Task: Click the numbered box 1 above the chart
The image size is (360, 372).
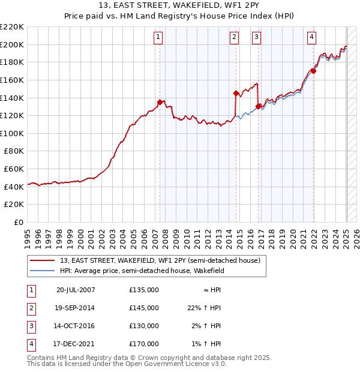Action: tap(158, 37)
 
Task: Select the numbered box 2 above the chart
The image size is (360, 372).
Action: tap(234, 37)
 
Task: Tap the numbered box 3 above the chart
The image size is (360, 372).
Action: tap(256, 37)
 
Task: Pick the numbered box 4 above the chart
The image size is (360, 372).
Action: tap(311, 37)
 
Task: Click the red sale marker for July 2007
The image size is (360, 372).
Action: tap(160, 102)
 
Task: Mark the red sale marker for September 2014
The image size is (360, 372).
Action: tap(236, 93)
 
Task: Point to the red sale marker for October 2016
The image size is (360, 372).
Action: tap(258, 107)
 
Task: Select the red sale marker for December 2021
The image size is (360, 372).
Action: tap(313, 71)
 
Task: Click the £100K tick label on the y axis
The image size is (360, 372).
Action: tap(12, 133)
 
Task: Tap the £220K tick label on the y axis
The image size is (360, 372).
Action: tap(12, 27)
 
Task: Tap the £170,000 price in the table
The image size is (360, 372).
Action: tap(144, 344)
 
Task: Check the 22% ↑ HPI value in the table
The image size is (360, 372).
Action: tap(205, 308)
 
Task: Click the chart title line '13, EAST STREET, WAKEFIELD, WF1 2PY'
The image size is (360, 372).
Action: tap(179, 7)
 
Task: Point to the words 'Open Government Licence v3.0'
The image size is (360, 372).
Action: tap(176, 364)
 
